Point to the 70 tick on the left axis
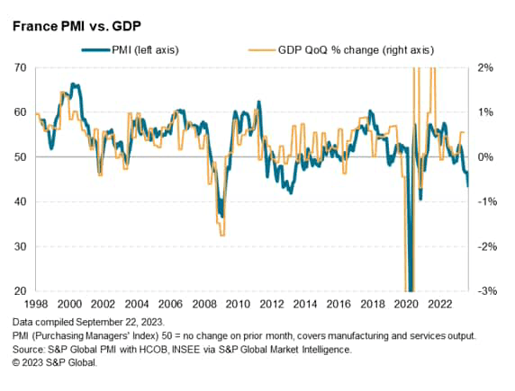tap(19, 68)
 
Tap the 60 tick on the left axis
tap(19, 112)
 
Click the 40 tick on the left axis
tap(19, 201)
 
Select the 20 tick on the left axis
tap(19, 290)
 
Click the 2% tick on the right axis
tap(484, 68)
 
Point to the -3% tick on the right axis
tap(484, 290)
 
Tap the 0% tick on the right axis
tap(484, 157)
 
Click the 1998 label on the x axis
tap(38, 303)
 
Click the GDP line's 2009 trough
tap(221, 235)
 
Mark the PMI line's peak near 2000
tap(73, 84)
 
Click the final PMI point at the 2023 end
tap(467, 186)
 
